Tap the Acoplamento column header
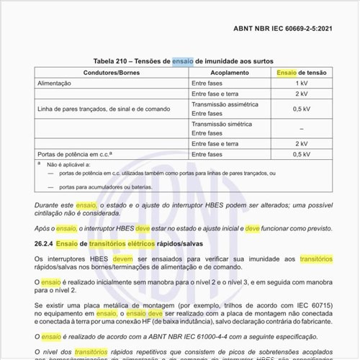[229, 73]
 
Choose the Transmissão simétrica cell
[220, 124]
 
